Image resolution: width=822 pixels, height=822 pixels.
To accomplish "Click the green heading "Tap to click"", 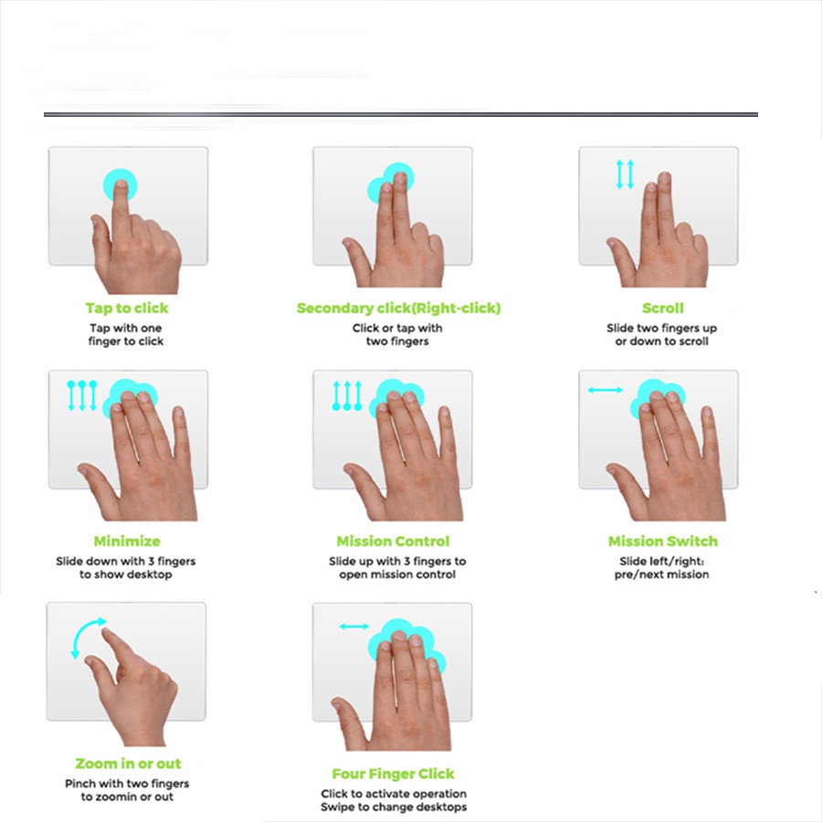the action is pos(127,309).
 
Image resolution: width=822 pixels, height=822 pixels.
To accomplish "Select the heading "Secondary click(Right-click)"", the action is pos(398,309).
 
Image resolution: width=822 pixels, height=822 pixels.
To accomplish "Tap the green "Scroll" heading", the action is pos(663,309).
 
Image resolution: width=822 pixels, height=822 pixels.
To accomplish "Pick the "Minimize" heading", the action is pos(127,541).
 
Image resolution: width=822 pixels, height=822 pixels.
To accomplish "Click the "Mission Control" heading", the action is pos(393,541).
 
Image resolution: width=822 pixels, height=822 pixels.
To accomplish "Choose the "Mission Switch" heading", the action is pos(663,541).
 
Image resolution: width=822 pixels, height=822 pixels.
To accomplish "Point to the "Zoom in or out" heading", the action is pos(128,764).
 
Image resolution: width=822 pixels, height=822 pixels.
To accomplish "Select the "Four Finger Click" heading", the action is pos(393,774).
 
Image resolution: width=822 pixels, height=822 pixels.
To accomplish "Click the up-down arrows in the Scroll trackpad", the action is pos(625,174).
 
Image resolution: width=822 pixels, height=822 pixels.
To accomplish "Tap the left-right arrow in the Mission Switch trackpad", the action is pos(605,389).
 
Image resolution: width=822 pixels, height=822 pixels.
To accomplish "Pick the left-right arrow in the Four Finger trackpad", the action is pos(353,626).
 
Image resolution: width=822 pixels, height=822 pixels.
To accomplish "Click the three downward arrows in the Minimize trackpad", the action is pos(82,395).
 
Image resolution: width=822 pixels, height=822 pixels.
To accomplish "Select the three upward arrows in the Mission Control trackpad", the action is pos(347,395).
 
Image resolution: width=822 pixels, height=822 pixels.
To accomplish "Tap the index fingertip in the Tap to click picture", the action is pos(121,185).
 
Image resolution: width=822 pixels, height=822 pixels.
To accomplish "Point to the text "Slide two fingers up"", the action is pos(661,328).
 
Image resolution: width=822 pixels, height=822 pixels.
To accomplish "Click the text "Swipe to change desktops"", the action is pos(394,806).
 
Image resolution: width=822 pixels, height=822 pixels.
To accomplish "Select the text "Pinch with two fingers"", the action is pos(127,784).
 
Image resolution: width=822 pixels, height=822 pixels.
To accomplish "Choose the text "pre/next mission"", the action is pos(661,574).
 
